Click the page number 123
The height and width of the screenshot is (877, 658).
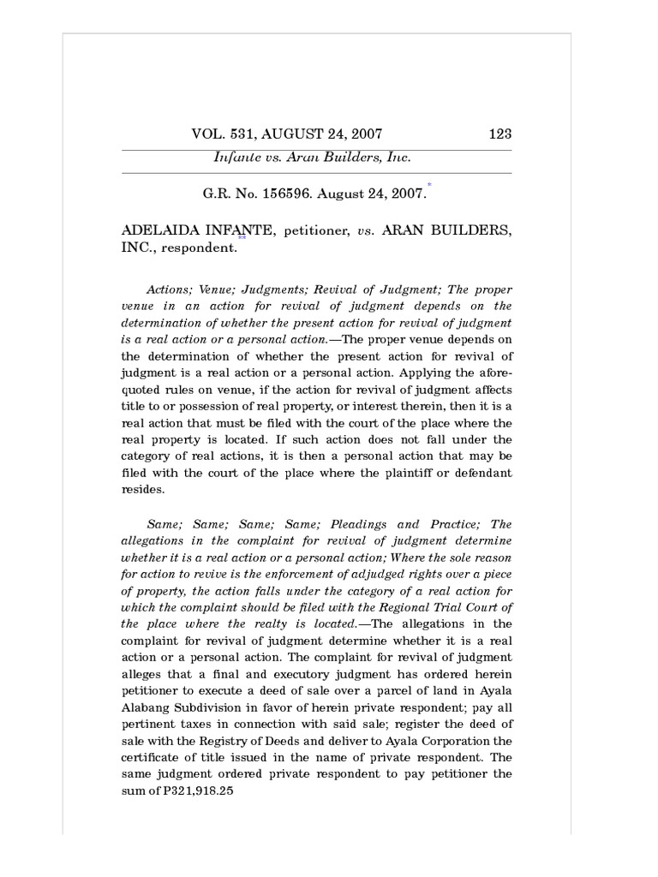(499, 134)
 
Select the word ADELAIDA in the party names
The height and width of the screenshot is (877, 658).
(157, 230)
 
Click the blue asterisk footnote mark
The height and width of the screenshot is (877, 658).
(429, 184)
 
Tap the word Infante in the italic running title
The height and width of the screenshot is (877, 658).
(236, 158)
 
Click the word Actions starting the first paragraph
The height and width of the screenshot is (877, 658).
(169, 290)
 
